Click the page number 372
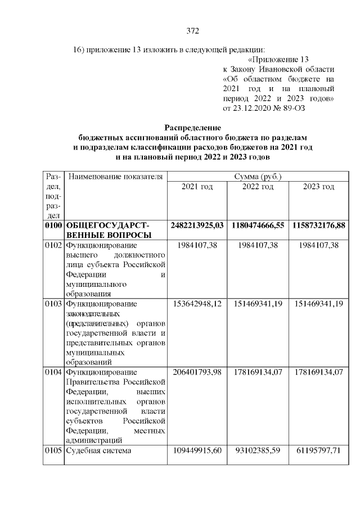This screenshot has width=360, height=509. click(193, 30)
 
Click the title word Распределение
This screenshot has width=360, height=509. click(193, 128)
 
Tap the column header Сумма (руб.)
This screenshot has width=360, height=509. click(258, 177)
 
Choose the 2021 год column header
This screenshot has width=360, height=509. click(197, 187)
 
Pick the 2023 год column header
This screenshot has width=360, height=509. click(318, 187)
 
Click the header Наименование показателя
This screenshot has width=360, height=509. click(115, 177)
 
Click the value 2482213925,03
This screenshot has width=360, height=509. click(197, 225)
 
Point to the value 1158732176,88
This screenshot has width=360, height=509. click(318, 225)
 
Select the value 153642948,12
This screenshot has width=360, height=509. click(197, 303)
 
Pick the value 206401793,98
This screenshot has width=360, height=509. click(197, 372)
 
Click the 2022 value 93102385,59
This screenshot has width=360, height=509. click(258, 451)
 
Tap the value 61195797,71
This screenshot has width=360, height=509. click(318, 451)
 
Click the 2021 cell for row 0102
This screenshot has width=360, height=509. click(197, 245)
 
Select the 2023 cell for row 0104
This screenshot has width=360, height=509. click(318, 372)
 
